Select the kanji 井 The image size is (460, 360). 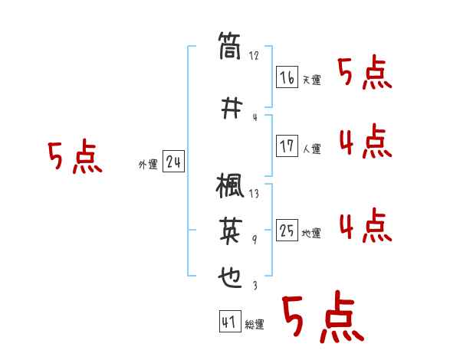click(230, 108)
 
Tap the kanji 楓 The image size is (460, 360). click(230, 187)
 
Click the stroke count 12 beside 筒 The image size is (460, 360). click(255, 56)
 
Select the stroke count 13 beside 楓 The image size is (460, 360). click(255, 194)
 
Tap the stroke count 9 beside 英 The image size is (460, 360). click(255, 240)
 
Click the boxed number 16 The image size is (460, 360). click(287, 77)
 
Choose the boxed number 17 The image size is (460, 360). click(287, 146)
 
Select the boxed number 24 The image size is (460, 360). click(173, 162)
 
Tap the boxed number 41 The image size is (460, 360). click(229, 321)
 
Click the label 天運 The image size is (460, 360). click(311, 80)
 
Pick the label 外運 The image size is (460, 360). click(147, 165)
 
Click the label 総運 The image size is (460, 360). click(254, 325)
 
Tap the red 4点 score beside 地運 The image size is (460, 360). click(365, 226)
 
